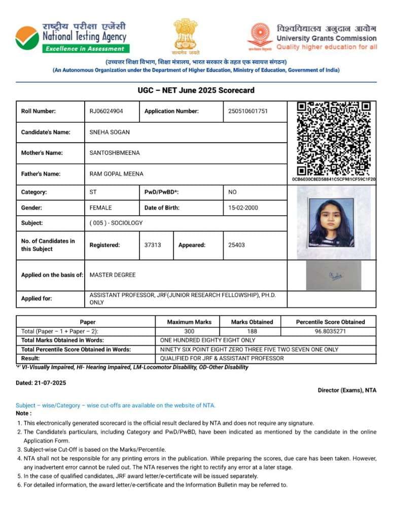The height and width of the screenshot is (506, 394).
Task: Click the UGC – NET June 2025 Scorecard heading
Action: point(196,91)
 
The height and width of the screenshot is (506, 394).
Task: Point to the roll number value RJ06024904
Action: point(106,111)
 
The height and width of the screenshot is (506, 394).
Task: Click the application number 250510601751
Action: point(248,111)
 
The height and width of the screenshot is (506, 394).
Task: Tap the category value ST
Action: point(93,192)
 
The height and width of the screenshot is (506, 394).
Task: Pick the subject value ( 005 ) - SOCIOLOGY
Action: point(116,223)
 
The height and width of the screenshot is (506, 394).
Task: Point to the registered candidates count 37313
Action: point(153,245)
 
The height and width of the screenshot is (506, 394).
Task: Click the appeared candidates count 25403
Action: point(236,245)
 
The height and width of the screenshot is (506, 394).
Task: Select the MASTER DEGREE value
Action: point(113,275)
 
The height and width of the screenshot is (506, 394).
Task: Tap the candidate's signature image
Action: point(334,276)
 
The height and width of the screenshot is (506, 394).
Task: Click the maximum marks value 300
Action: point(189,331)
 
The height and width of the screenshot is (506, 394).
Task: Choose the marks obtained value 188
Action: point(252,331)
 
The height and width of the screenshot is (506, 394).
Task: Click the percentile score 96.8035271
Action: point(330,331)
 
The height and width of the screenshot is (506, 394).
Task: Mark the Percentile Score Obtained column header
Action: point(330,322)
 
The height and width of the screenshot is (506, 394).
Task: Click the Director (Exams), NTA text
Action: point(347,390)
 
